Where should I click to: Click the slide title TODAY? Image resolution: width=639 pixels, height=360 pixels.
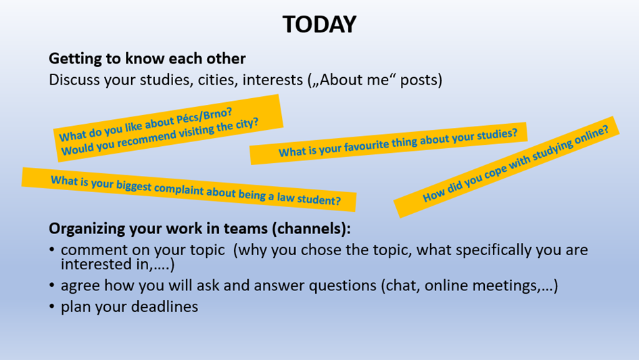tap(319, 24)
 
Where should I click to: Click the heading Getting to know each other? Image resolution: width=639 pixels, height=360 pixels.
tap(147, 59)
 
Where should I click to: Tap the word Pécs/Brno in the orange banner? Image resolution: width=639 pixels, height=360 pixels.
tap(204, 117)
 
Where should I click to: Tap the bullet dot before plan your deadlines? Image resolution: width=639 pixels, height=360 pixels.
tap(52, 306)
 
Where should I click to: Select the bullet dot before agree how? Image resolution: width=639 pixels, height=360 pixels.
tap(52, 285)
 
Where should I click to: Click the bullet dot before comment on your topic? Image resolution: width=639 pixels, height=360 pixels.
tap(52, 249)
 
